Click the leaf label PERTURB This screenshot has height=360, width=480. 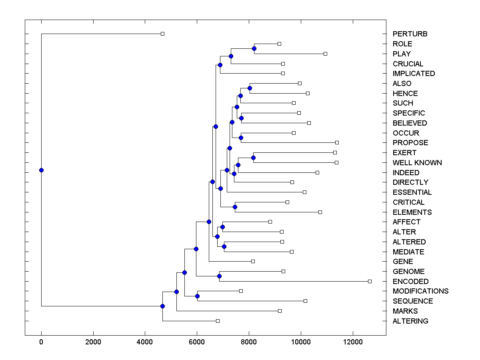(x=410, y=34)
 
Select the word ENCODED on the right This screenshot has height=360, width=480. (x=410, y=282)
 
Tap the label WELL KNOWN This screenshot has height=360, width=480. (x=417, y=163)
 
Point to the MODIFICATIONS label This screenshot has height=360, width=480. (x=420, y=291)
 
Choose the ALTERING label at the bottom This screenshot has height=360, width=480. (x=410, y=321)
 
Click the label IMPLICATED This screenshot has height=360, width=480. (x=414, y=74)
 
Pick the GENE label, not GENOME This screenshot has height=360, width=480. (x=403, y=262)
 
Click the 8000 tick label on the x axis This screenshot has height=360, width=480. (x=249, y=342)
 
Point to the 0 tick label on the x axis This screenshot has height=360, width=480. (x=41, y=342)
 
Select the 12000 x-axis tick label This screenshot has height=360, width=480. (x=353, y=342)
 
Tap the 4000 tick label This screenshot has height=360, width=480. (x=145, y=342)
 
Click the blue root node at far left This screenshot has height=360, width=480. (x=41, y=170)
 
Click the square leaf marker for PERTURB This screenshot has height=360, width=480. (x=162, y=34)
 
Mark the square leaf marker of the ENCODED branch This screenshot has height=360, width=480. (x=370, y=281)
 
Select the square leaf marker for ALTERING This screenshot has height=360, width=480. (x=218, y=321)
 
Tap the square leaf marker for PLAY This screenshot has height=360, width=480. (x=325, y=54)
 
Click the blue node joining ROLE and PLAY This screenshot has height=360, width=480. (x=254, y=48)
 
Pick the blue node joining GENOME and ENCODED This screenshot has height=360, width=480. (x=219, y=276)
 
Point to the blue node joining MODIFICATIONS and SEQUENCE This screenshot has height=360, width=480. (x=197, y=296)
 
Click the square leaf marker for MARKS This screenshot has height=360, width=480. (x=280, y=311)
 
